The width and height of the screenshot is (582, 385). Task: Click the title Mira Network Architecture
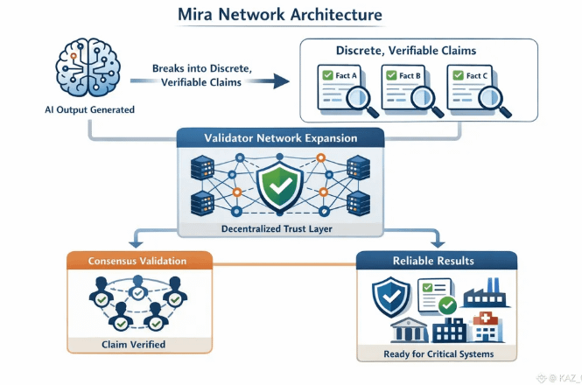coord(291,15)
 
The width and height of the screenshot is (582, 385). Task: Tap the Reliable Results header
coord(436,261)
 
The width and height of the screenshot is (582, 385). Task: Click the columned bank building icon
coord(404,332)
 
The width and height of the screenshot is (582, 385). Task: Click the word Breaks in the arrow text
coord(171,67)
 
